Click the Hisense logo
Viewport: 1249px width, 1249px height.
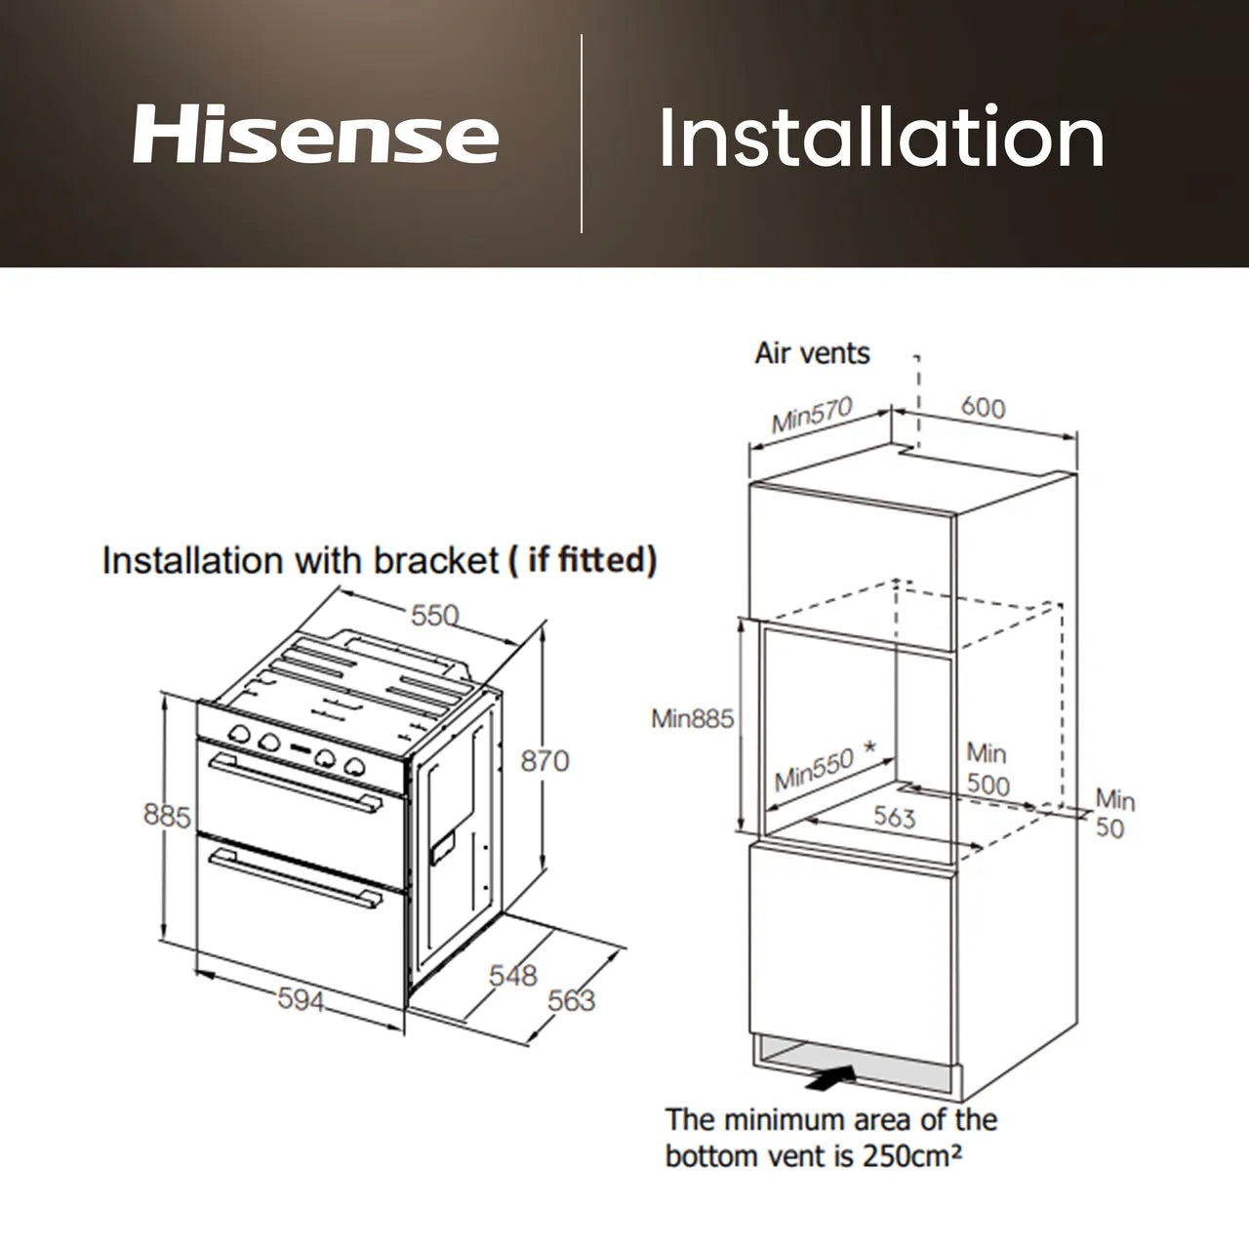314,135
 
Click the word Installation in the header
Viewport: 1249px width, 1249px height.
881,137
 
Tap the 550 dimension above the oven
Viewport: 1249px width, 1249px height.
434,615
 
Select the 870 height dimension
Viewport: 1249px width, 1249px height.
544,760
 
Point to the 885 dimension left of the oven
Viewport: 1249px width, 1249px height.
167,815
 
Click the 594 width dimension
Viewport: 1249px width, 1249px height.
301,999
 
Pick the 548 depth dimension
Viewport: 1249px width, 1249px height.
513,975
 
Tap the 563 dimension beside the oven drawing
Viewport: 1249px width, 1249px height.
571,1000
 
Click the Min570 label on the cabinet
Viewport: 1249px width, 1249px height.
812,414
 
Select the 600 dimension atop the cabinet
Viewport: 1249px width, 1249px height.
982,407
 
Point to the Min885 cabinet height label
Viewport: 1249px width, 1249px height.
692,719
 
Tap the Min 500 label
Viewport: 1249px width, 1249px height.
987,769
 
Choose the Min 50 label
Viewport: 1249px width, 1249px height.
1113,814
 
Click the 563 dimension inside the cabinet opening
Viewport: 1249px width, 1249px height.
894,816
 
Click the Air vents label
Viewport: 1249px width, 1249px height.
812,353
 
